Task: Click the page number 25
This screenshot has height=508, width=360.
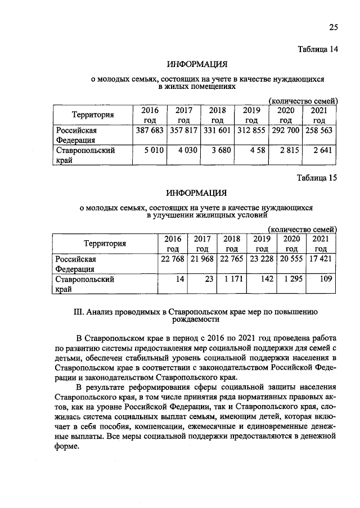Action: point(332,28)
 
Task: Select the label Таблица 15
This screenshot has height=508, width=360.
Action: point(317,178)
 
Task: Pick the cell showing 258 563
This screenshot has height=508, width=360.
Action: point(319,131)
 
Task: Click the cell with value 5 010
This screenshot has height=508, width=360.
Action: point(152,151)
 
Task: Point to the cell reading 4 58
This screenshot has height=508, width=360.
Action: point(255,151)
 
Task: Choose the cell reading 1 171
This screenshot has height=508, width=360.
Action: point(232,278)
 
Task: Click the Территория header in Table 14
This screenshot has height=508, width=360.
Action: point(93,115)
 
